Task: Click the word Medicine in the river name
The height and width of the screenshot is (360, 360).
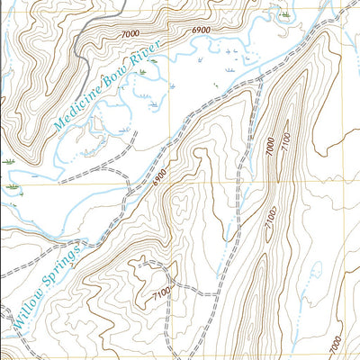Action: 79,107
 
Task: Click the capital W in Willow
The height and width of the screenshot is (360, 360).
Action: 17,316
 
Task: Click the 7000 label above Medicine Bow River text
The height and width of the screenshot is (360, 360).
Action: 128,32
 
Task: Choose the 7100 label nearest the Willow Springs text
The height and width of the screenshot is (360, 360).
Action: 161,294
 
